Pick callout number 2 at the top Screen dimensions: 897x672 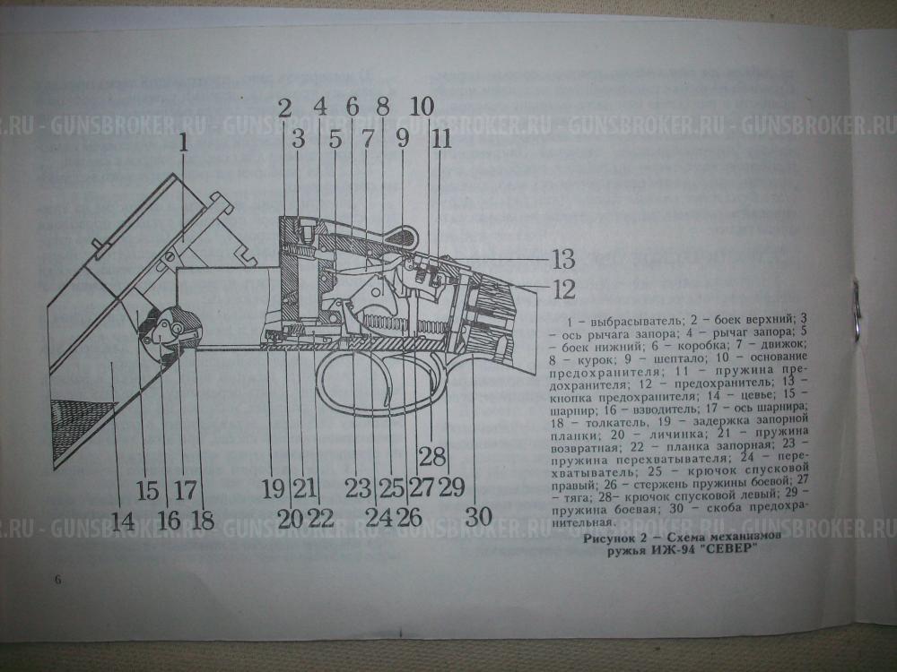(x=284, y=108)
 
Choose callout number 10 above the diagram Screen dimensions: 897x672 (x=421, y=107)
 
